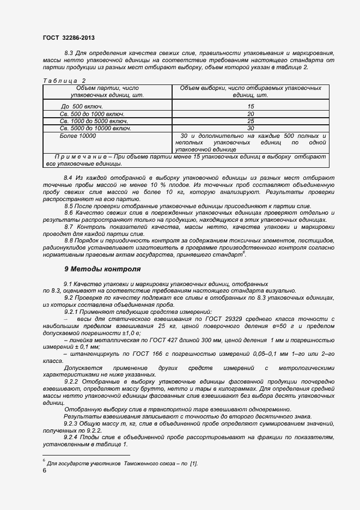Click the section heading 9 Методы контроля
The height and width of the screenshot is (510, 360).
(x=102, y=269)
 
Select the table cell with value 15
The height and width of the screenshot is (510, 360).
(x=251, y=106)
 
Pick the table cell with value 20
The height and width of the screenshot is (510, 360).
(x=251, y=114)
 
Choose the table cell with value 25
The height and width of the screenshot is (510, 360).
(x=251, y=121)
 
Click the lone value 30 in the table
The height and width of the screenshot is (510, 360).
(x=251, y=128)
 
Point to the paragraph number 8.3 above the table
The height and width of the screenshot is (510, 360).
(x=69, y=52)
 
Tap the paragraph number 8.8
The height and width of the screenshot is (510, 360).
(x=69, y=240)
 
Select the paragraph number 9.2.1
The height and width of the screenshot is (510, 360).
(x=72, y=311)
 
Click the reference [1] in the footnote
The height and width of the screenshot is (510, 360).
(x=193, y=463)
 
